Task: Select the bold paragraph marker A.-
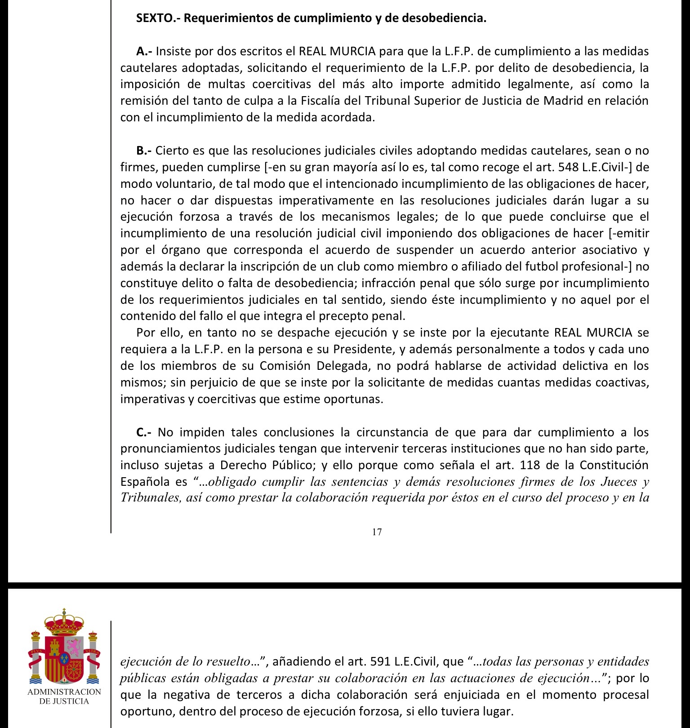(x=144, y=51)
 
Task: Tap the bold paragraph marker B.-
(x=144, y=151)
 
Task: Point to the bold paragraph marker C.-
(x=144, y=432)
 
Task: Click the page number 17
(x=377, y=532)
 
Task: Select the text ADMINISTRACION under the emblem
(x=64, y=692)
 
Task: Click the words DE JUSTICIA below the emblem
(x=64, y=701)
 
